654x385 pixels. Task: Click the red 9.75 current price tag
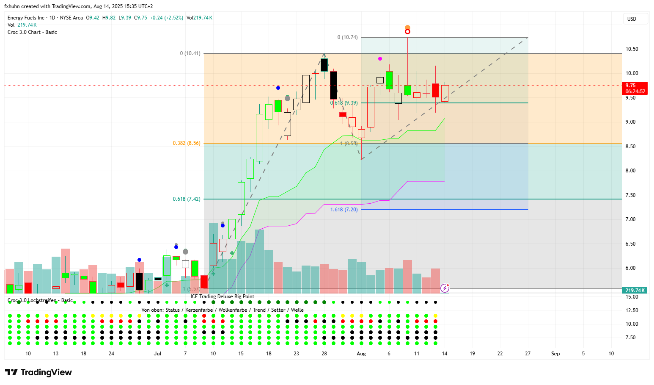pyautogui.click(x=635, y=86)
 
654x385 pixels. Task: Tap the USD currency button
pyautogui.click(x=632, y=19)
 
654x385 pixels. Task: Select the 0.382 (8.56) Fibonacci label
pyautogui.click(x=187, y=143)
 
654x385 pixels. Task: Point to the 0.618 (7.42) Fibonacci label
pyautogui.click(x=187, y=199)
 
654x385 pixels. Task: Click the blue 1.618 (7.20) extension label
pyautogui.click(x=344, y=210)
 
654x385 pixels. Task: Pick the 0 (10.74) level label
pyautogui.click(x=347, y=37)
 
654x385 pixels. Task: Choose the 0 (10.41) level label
pyautogui.click(x=190, y=53)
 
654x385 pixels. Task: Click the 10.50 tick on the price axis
pyautogui.click(x=632, y=49)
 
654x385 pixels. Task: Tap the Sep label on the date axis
pyautogui.click(x=555, y=354)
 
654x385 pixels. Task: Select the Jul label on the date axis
pyautogui.click(x=158, y=354)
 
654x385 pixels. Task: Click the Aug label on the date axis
pyautogui.click(x=361, y=354)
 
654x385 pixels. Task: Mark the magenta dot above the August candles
pyautogui.click(x=380, y=58)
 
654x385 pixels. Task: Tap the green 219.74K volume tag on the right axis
pyautogui.click(x=635, y=291)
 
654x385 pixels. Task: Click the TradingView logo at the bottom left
pyautogui.click(x=38, y=372)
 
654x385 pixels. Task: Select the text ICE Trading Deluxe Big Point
pyautogui.click(x=222, y=296)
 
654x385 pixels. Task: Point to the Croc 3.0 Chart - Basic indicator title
pyautogui.click(x=32, y=32)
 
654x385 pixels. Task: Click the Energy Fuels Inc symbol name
pyautogui.click(x=26, y=18)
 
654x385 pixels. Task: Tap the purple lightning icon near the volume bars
pyautogui.click(x=445, y=288)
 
